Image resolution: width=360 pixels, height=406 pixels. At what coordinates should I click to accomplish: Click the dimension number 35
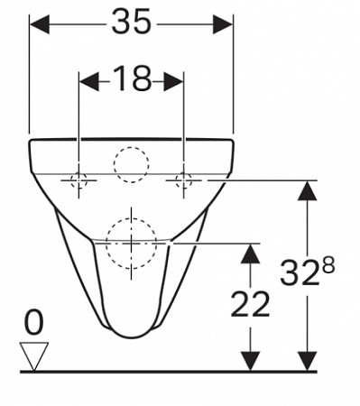(x=131, y=22)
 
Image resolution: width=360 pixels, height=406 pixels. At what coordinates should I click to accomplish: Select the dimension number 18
(x=133, y=78)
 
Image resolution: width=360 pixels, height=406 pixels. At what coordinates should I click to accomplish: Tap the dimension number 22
(x=250, y=304)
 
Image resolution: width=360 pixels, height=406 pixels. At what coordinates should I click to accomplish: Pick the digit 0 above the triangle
(x=33, y=322)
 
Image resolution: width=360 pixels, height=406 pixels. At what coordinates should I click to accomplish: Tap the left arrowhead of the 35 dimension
(x=40, y=24)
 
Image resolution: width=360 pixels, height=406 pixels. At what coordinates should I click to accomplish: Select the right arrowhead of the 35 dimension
(x=223, y=24)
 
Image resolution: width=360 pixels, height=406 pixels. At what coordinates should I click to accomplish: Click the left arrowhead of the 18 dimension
(x=88, y=81)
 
